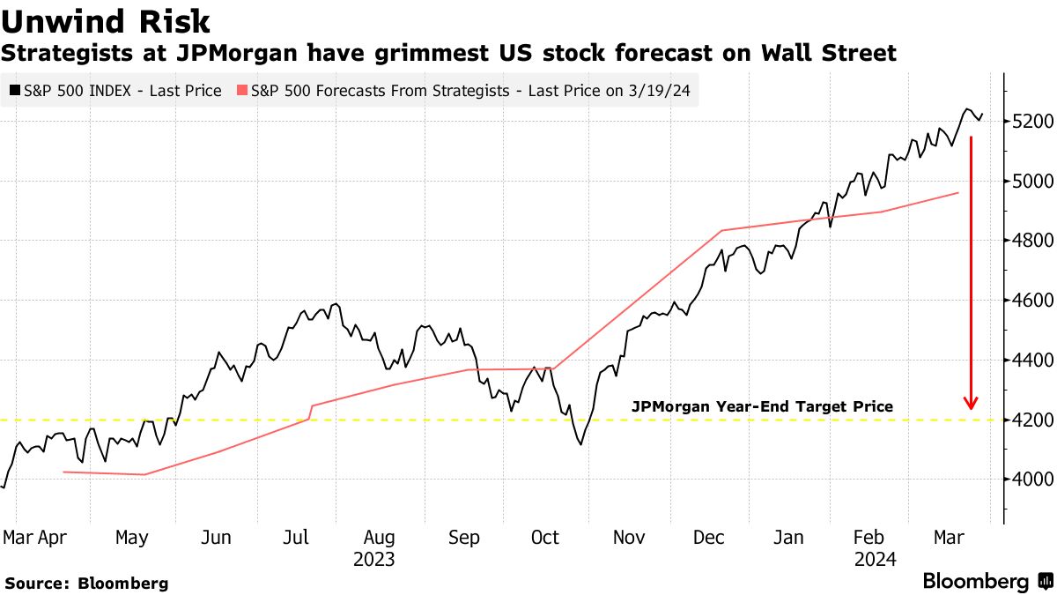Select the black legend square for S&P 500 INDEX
[x=15, y=91]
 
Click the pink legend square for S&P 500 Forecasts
[x=242, y=91]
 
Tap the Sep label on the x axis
[x=463, y=538]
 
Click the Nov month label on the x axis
[x=629, y=538]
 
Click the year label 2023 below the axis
[x=373, y=560]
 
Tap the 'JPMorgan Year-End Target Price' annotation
[x=762, y=406]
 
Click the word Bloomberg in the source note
[x=123, y=584]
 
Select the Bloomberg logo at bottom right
[x=987, y=582]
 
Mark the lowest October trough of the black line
[x=580, y=444]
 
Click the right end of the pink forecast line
[x=957, y=192]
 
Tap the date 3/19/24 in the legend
[x=662, y=91]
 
